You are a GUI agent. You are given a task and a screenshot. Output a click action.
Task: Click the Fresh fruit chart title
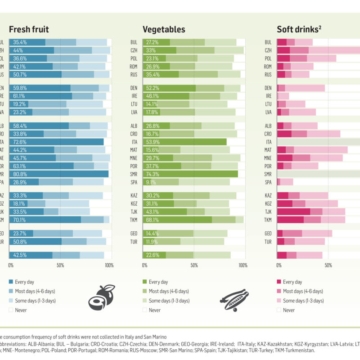point(29,30)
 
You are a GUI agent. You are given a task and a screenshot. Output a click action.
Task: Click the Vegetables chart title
point(164,30)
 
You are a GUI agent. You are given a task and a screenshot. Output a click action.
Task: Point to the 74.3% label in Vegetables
point(151,174)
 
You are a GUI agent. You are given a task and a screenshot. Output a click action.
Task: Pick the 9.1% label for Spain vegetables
point(150,182)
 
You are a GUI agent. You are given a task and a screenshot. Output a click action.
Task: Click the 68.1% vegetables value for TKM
point(151,220)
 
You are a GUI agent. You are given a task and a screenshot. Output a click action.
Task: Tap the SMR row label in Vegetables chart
point(134,174)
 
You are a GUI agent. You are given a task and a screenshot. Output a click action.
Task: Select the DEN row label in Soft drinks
point(268,88)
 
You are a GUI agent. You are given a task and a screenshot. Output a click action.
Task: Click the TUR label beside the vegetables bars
point(134,242)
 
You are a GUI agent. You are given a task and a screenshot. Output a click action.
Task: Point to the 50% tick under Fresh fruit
point(60,265)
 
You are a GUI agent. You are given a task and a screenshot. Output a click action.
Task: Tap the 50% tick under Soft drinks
point(328,265)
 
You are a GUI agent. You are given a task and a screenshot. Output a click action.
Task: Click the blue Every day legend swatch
point(11,282)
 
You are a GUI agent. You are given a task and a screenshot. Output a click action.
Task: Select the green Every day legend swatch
point(145,282)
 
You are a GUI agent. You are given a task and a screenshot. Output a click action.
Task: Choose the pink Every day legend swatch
point(279,282)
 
